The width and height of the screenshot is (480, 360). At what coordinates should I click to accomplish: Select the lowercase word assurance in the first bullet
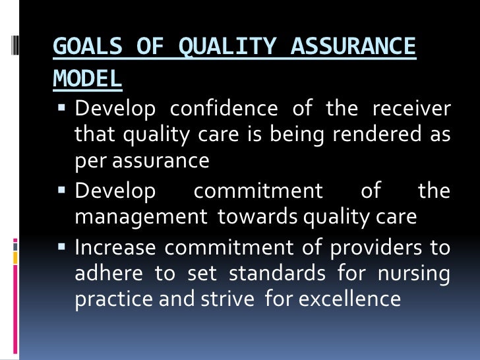pos(163,160)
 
